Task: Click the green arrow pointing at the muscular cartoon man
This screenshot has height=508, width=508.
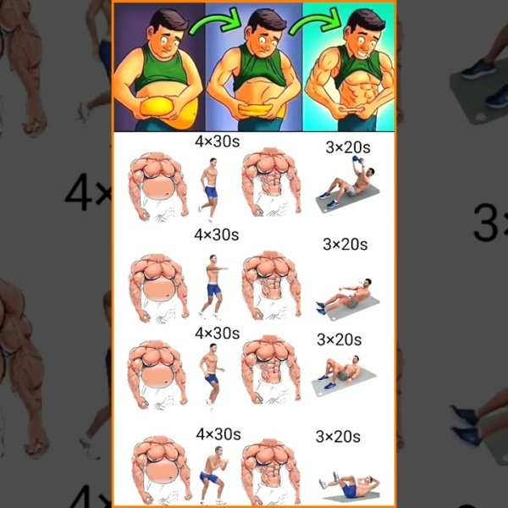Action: (316, 21)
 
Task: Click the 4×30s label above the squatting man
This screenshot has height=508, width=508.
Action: (218, 434)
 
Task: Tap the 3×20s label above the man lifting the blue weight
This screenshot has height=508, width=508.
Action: (348, 147)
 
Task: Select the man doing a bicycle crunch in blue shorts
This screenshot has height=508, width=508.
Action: (350, 485)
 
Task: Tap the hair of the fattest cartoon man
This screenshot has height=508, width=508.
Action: (168, 19)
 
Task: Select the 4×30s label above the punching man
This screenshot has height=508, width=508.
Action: (217, 235)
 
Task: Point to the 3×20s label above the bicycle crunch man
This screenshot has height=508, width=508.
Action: (338, 437)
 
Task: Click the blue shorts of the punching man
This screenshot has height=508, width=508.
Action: (214, 290)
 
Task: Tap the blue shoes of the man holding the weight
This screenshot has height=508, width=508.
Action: (329, 200)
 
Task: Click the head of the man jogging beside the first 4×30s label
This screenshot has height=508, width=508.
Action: (213, 162)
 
